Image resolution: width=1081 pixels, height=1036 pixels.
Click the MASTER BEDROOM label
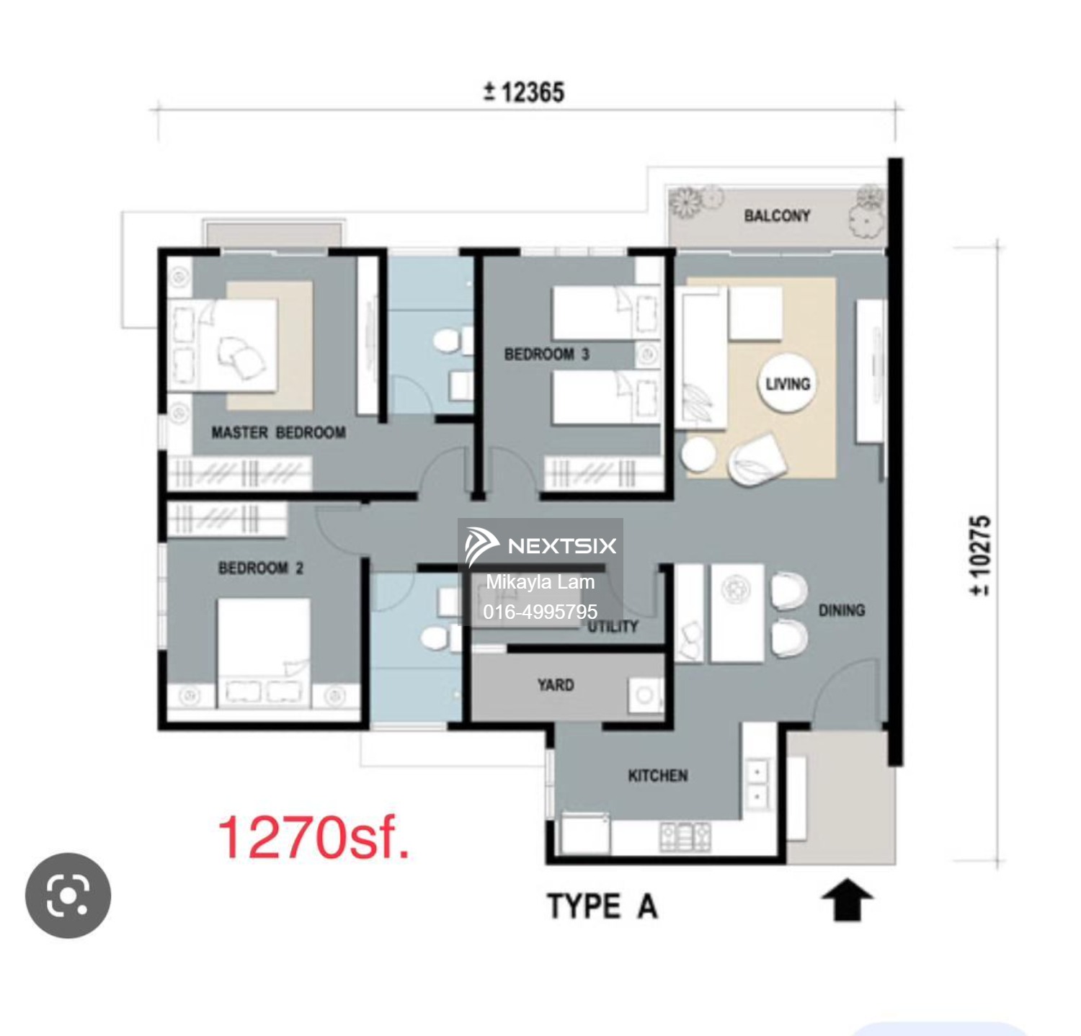[x=278, y=433]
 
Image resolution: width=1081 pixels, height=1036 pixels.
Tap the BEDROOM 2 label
[x=261, y=568]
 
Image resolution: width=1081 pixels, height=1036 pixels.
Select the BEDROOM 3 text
[x=546, y=354]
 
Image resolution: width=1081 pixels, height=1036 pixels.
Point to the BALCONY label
[x=777, y=215]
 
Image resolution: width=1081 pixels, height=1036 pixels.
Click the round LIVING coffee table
[x=788, y=383]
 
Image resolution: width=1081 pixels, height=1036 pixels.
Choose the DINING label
[x=842, y=611]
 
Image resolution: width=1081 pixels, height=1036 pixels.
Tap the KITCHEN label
[x=657, y=776]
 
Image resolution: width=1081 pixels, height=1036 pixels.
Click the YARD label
[x=556, y=685]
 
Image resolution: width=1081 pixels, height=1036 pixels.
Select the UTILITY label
[x=613, y=627]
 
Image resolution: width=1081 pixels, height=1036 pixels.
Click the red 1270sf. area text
[x=313, y=837]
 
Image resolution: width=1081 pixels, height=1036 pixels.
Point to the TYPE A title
[x=602, y=906]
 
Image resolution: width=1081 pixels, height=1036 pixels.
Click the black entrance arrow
[x=848, y=900]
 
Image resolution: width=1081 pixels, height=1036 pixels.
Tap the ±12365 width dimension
[x=524, y=92]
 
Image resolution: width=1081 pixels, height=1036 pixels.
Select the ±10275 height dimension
[x=981, y=555]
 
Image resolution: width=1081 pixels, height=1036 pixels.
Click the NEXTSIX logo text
[x=562, y=546]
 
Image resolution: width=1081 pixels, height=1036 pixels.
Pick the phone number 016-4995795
[x=540, y=612]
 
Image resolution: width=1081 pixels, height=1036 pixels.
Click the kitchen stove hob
[x=685, y=836]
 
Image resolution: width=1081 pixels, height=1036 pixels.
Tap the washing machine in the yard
[x=645, y=695]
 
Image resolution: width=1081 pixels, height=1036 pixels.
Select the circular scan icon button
[x=68, y=896]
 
